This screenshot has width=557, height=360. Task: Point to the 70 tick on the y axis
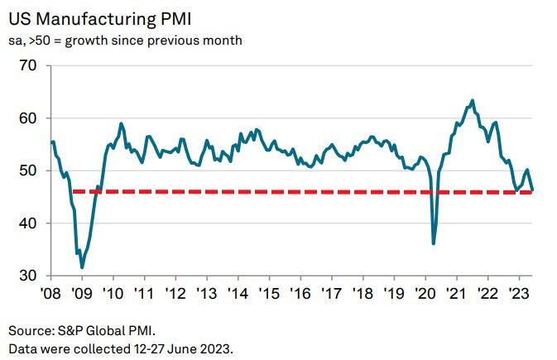click(30, 65)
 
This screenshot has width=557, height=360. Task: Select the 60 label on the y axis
click(30, 118)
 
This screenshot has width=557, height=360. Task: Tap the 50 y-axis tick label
click(30, 170)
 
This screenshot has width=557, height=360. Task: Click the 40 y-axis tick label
click(30, 223)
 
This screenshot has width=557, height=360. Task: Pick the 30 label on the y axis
click(30, 276)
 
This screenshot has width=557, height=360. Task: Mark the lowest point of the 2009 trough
click(82, 267)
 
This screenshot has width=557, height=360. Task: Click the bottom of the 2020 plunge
click(434, 243)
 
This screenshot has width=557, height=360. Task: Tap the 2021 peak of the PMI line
click(472, 101)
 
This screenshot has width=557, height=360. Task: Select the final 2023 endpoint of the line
click(532, 190)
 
